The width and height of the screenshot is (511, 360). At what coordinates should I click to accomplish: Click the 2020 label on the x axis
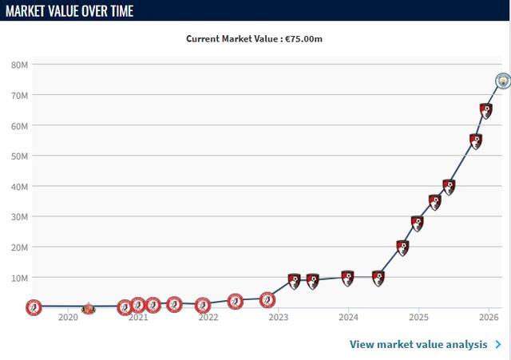pos(68,317)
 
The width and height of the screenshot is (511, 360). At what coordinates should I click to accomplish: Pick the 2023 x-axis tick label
pos(279,317)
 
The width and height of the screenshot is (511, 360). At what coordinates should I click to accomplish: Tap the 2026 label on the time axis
pos(489,317)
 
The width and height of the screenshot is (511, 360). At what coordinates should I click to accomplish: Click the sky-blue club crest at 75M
pos(502,81)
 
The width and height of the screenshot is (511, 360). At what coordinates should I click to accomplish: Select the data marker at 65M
pos(486,111)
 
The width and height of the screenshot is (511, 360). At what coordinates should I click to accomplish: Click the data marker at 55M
pos(476,141)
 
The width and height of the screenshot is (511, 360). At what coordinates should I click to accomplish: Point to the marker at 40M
pos(449,187)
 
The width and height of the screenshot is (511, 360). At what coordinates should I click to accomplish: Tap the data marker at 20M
pos(402,247)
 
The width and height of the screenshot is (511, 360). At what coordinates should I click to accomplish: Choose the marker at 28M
pos(417,224)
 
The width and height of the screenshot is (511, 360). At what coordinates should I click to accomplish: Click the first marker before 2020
pos(33,307)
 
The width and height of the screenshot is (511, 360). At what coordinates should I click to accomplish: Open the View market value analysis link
pos(418,345)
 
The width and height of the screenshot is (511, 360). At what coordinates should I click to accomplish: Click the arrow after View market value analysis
pos(498,345)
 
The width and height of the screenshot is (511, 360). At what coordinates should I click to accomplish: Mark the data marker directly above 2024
pos(347,278)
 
